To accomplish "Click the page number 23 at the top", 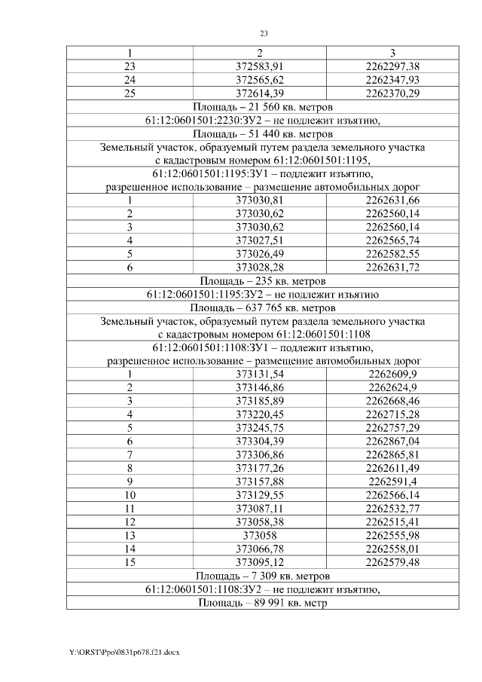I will [x=264, y=33].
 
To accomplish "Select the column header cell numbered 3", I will [x=392, y=53].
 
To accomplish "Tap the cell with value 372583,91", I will [x=260, y=66].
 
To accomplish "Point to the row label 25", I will [x=129, y=93].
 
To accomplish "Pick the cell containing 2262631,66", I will [x=392, y=200].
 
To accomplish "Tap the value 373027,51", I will [x=260, y=240].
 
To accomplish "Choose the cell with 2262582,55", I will [x=392, y=254].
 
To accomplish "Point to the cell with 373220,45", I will [x=260, y=414].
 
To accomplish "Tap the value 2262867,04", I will [x=392, y=441].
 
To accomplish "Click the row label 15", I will [x=129, y=561].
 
